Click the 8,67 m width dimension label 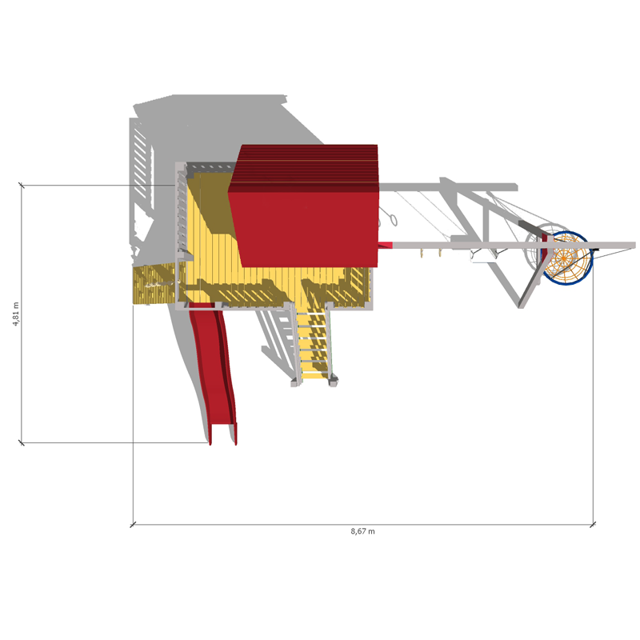point(362,531)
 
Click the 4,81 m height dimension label point(15,314)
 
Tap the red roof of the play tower point(304,206)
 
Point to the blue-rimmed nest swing point(567,258)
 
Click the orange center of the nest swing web point(564,258)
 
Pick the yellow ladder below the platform point(314,343)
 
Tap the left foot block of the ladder point(295,382)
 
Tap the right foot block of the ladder point(333,382)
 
